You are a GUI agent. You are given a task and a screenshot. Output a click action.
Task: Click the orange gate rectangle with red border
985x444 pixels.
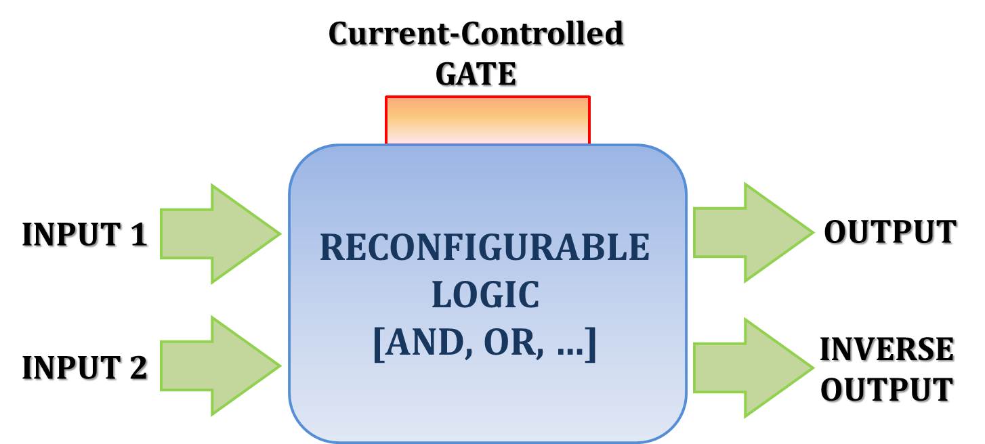[x=488, y=120]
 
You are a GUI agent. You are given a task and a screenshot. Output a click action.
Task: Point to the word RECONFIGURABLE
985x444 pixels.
[x=484, y=248]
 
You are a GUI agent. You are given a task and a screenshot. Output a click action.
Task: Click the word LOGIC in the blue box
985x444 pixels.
[x=485, y=296]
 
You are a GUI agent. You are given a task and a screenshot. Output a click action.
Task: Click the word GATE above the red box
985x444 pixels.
[x=476, y=74]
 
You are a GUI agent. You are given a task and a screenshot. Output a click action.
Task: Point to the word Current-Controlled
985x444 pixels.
[x=476, y=34]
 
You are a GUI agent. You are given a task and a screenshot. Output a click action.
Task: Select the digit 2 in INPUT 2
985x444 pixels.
[x=138, y=368]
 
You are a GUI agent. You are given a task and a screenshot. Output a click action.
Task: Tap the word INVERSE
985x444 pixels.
[x=887, y=350]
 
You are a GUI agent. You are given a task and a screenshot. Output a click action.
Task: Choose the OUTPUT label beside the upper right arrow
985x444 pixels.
[x=889, y=232]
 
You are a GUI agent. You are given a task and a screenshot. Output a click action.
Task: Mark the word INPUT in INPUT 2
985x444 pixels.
[x=71, y=368]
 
